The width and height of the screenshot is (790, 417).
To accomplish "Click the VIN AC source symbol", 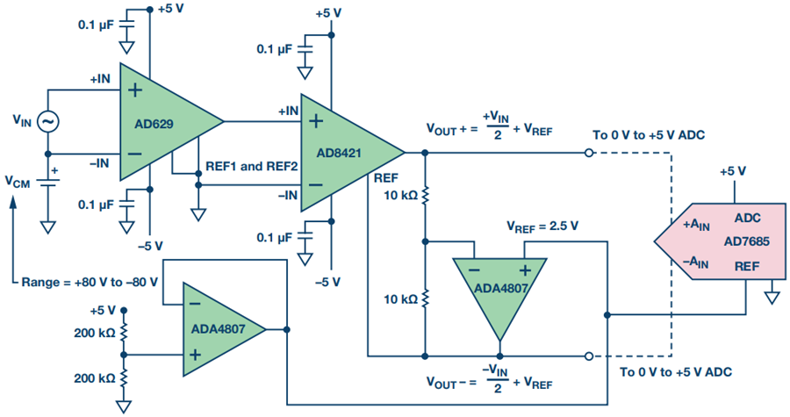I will click(45, 122).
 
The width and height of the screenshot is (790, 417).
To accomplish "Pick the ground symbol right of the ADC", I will click(772, 297).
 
